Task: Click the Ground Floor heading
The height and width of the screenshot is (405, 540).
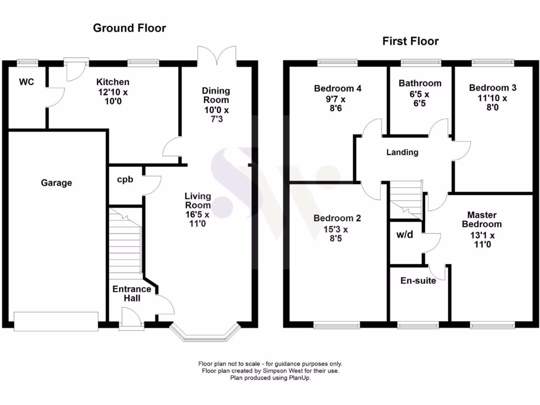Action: click(129, 28)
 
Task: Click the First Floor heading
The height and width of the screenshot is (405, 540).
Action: click(410, 41)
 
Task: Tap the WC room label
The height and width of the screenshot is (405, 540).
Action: click(27, 82)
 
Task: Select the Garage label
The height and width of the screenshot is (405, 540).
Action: click(56, 183)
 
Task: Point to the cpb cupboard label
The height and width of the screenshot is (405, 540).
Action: click(125, 179)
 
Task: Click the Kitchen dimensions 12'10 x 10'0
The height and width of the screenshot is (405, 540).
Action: click(112, 97)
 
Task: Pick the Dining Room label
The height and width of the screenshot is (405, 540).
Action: click(216, 95)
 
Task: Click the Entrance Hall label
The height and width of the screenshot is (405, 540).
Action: click(132, 294)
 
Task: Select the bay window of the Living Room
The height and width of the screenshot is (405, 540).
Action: click(205, 333)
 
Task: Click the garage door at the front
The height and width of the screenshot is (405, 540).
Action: click(56, 321)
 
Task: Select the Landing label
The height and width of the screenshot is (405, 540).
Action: click(402, 152)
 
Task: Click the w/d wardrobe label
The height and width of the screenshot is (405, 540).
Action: click(404, 234)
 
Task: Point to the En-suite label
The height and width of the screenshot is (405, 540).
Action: click(418, 281)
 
